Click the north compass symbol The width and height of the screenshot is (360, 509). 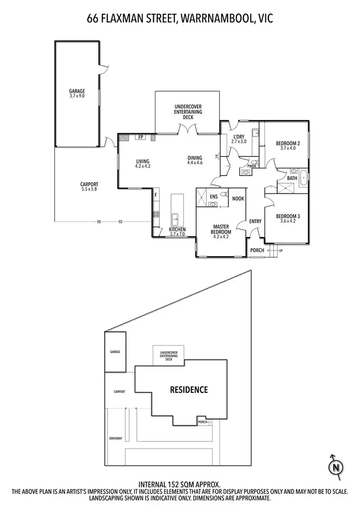(336, 466)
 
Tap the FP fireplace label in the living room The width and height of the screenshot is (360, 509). (141, 137)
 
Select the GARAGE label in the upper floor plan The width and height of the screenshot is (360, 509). (77, 93)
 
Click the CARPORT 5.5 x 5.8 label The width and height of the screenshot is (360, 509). (89, 187)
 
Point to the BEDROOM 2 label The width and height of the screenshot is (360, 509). (288, 146)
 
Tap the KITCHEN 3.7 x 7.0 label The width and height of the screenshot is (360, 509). (177, 232)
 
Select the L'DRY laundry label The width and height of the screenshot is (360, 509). (239, 139)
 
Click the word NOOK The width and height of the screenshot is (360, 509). (238, 198)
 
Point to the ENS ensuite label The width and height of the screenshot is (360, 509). (214, 196)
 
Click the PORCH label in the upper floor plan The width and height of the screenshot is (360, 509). (257, 250)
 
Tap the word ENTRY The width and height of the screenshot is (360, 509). (255, 221)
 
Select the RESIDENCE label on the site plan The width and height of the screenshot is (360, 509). (189, 390)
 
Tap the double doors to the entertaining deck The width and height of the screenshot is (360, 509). (187, 129)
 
